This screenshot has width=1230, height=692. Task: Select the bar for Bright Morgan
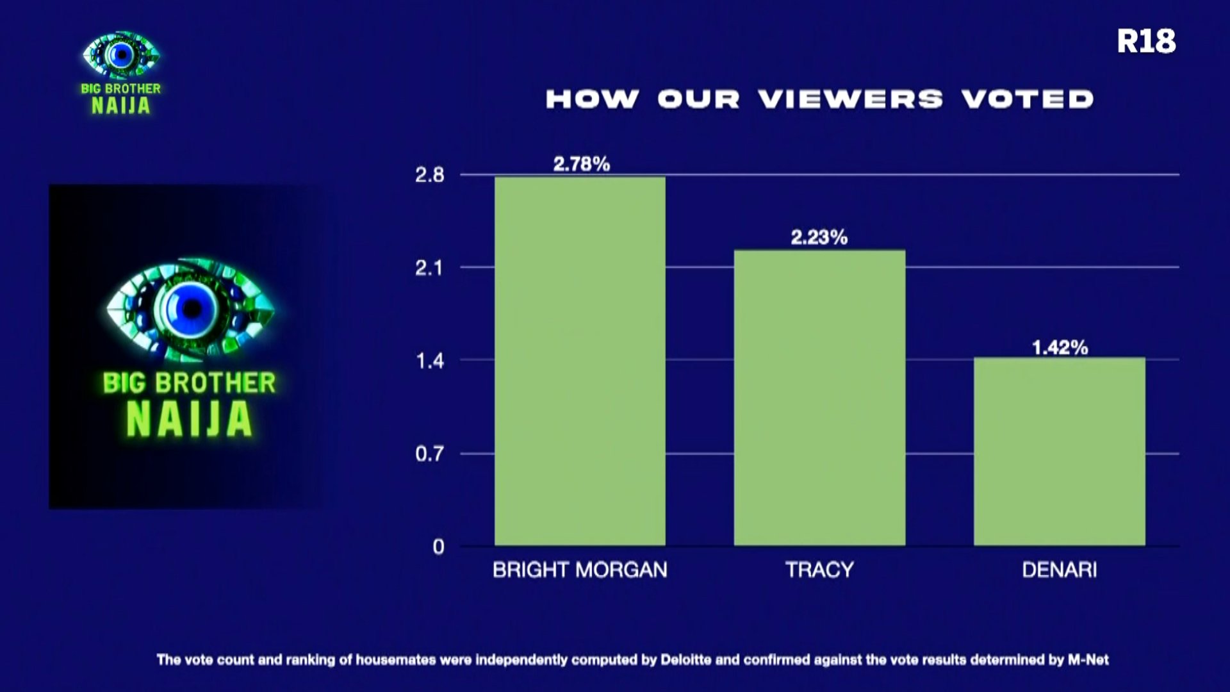coord(580,361)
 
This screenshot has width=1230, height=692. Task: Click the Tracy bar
coord(819,398)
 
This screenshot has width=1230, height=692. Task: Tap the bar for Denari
coord(1060,452)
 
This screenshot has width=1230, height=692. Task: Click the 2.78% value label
coord(582,164)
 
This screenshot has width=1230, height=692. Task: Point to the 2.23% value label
coord(819,238)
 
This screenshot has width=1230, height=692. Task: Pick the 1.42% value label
coord(1060,348)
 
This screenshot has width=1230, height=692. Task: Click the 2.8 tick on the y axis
coord(429,175)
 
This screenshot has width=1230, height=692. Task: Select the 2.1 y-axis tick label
coord(429,268)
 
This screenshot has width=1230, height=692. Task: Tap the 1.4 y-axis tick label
coord(430,361)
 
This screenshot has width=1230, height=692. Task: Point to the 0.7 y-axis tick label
coord(429,454)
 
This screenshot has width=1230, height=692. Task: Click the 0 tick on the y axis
coord(438,547)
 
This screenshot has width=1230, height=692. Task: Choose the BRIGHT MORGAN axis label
coord(580,570)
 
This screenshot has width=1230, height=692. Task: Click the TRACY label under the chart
coord(819,570)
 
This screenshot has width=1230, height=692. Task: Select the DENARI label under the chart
coord(1060,570)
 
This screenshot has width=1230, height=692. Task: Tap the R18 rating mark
coord(1146,42)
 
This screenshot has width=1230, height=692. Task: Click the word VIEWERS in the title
coord(850,99)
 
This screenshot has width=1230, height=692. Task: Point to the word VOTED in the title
coord(1028,99)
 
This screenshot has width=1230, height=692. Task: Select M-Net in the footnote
coord(1088,659)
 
